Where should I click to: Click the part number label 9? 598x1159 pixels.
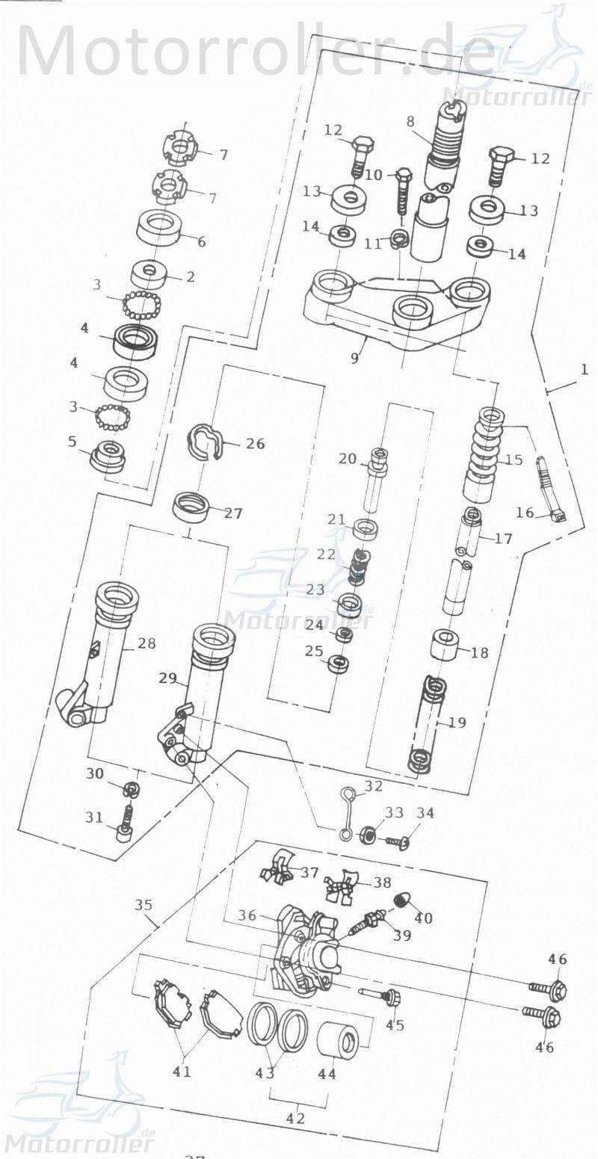tap(354, 358)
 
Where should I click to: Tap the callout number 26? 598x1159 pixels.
tap(255, 444)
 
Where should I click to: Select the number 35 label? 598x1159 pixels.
tap(144, 905)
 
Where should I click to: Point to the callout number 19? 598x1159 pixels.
tap(457, 723)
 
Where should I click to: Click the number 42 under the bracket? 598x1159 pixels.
tap(296, 1119)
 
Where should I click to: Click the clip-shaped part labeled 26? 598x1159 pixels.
tap(204, 442)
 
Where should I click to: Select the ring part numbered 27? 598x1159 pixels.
tap(191, 507)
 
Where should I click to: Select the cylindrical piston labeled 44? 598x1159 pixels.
tap(340, 1037)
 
